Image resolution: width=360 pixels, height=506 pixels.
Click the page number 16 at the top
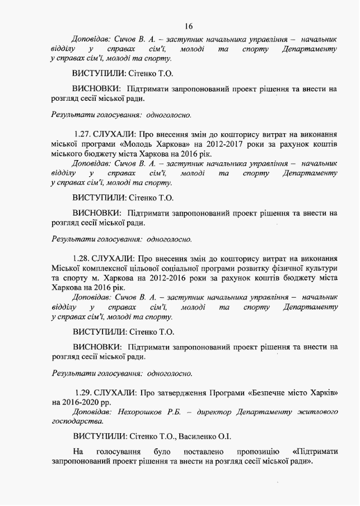pos(188,26)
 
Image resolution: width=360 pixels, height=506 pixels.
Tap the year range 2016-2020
pos(85,402)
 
